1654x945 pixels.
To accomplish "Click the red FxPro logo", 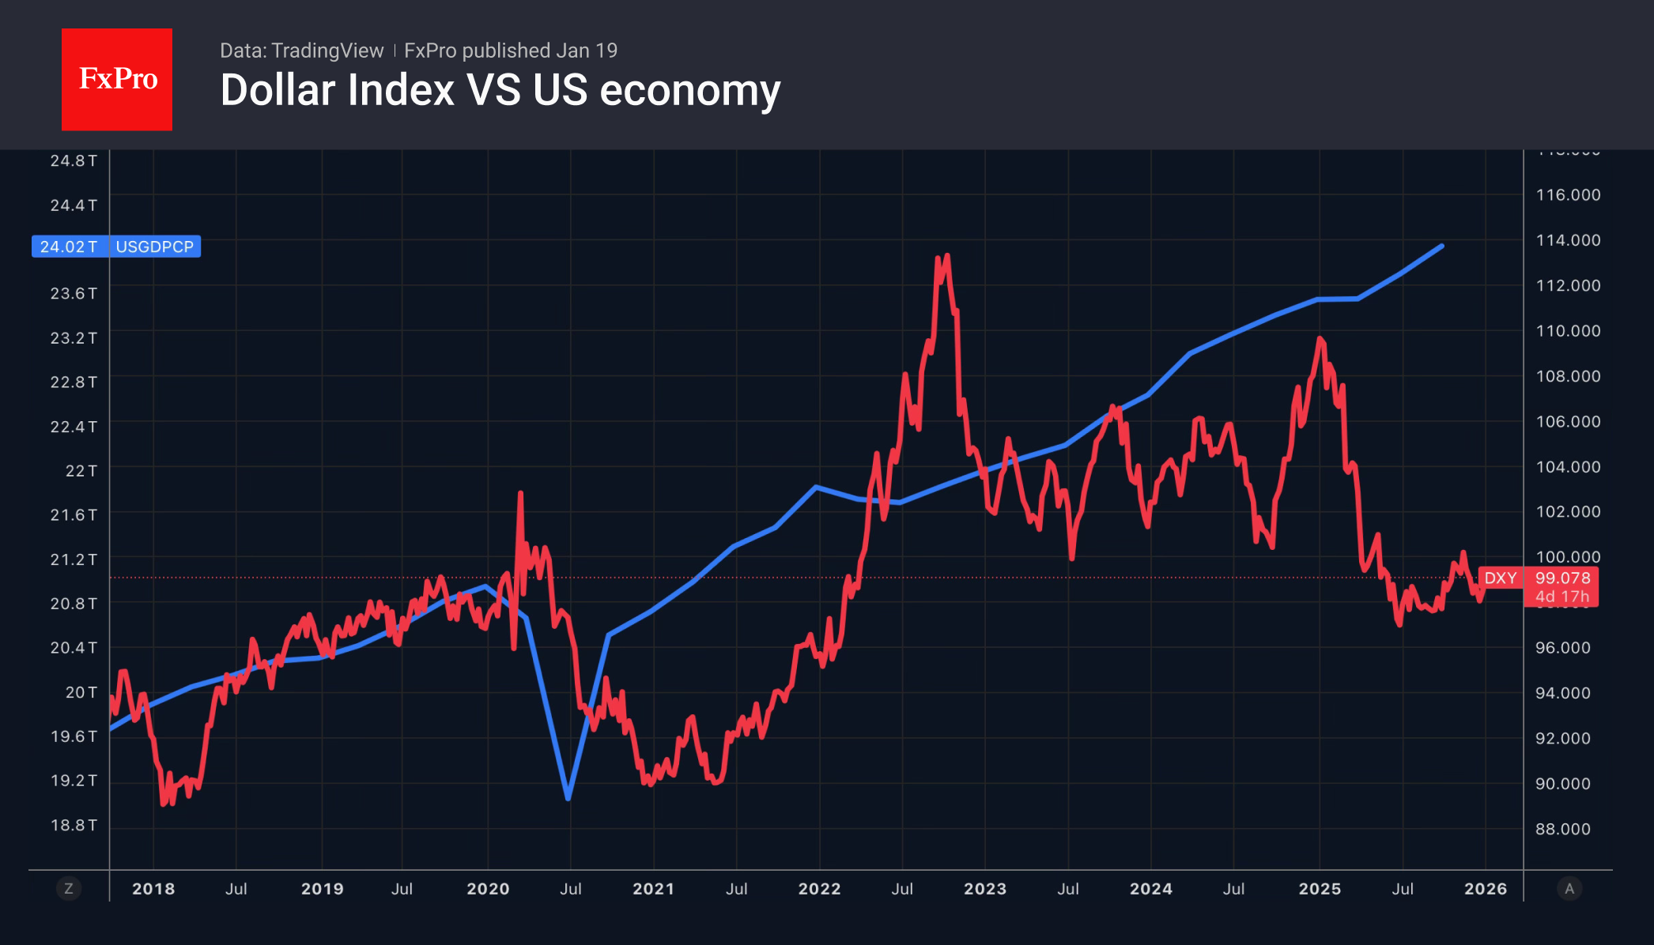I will pos(117,79).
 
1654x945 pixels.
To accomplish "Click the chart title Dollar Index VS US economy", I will pos(500,90).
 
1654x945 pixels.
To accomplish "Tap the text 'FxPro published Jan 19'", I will pos(510,51).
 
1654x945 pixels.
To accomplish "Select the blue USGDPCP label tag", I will pos(154,247).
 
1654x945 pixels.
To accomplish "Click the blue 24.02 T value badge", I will pos(69,247).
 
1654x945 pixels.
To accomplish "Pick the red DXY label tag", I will pos(1500,578).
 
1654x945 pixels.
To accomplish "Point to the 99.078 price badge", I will pos(1561,578).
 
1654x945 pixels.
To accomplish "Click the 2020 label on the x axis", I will pos(488,889).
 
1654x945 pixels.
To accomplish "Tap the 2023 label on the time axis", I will pos(984,889).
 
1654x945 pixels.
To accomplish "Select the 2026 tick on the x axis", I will pos(1485,889).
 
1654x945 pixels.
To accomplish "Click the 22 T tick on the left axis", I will pos(81,471).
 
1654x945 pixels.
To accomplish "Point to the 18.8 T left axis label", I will pos(74,825).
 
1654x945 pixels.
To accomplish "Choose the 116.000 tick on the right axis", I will pos(1567,194).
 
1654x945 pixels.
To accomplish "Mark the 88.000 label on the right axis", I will pos(1562,829).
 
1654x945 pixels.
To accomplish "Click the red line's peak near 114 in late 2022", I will pos(946,256).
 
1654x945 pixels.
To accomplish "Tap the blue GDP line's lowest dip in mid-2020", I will pos(568,798).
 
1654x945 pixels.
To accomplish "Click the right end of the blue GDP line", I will pos(1442,246).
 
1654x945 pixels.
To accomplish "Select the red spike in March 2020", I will pos(520,493).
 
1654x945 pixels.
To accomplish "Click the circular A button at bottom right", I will pos(1569,889).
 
